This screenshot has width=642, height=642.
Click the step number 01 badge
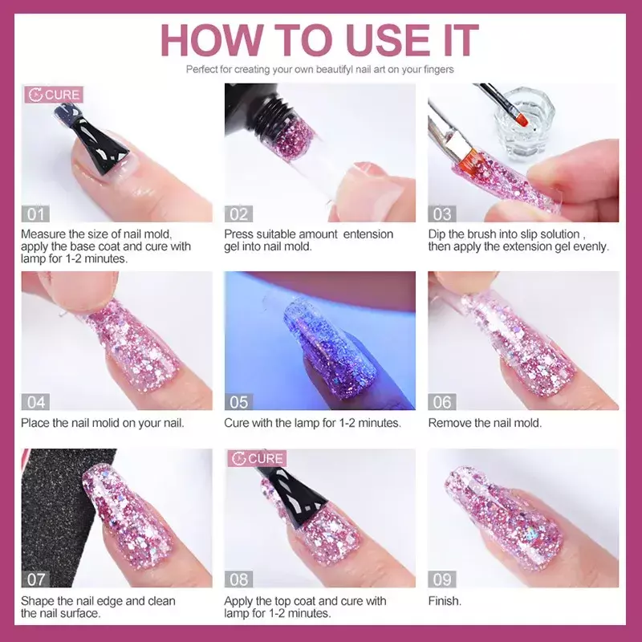35,213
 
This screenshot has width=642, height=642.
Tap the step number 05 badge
238,402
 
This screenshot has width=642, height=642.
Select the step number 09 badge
442,579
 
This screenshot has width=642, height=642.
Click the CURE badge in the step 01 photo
54,95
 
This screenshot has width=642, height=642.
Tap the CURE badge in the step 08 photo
257,458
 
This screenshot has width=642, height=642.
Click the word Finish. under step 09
445,600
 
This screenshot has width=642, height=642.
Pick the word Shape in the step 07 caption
37,601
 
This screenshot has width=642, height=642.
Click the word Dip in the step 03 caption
437,234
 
